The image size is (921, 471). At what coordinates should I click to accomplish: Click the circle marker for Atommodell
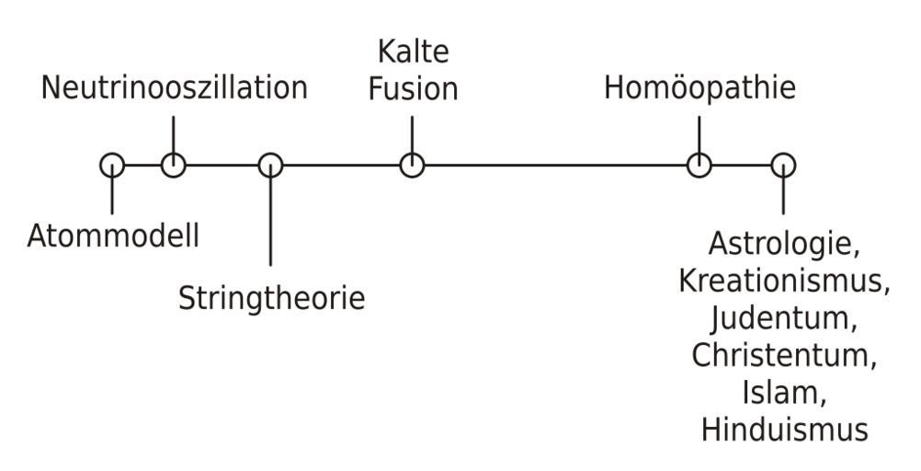112,166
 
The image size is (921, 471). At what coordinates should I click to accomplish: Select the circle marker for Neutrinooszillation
173,166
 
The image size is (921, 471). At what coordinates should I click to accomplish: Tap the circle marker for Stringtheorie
270,166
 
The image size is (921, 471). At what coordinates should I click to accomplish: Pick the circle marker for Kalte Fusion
412,166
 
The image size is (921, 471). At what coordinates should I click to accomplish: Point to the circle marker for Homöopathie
699,166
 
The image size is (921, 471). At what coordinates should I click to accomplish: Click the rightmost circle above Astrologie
783,166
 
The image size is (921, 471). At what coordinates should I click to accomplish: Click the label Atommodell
113,236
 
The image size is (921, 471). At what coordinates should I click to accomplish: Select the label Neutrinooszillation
175,87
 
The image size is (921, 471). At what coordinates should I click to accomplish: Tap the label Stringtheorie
271,298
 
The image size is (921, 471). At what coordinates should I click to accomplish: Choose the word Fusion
419,90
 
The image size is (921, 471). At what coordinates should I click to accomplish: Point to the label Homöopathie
699,88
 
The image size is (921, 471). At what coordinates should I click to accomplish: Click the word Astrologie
783,246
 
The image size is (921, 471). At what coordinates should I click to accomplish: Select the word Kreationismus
783,281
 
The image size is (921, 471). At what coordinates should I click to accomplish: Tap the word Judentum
783,318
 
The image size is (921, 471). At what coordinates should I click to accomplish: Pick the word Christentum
783,355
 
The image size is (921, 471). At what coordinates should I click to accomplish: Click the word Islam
783,392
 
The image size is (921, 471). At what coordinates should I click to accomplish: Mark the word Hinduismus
783,429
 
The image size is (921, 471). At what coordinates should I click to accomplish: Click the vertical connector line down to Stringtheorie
270,221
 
